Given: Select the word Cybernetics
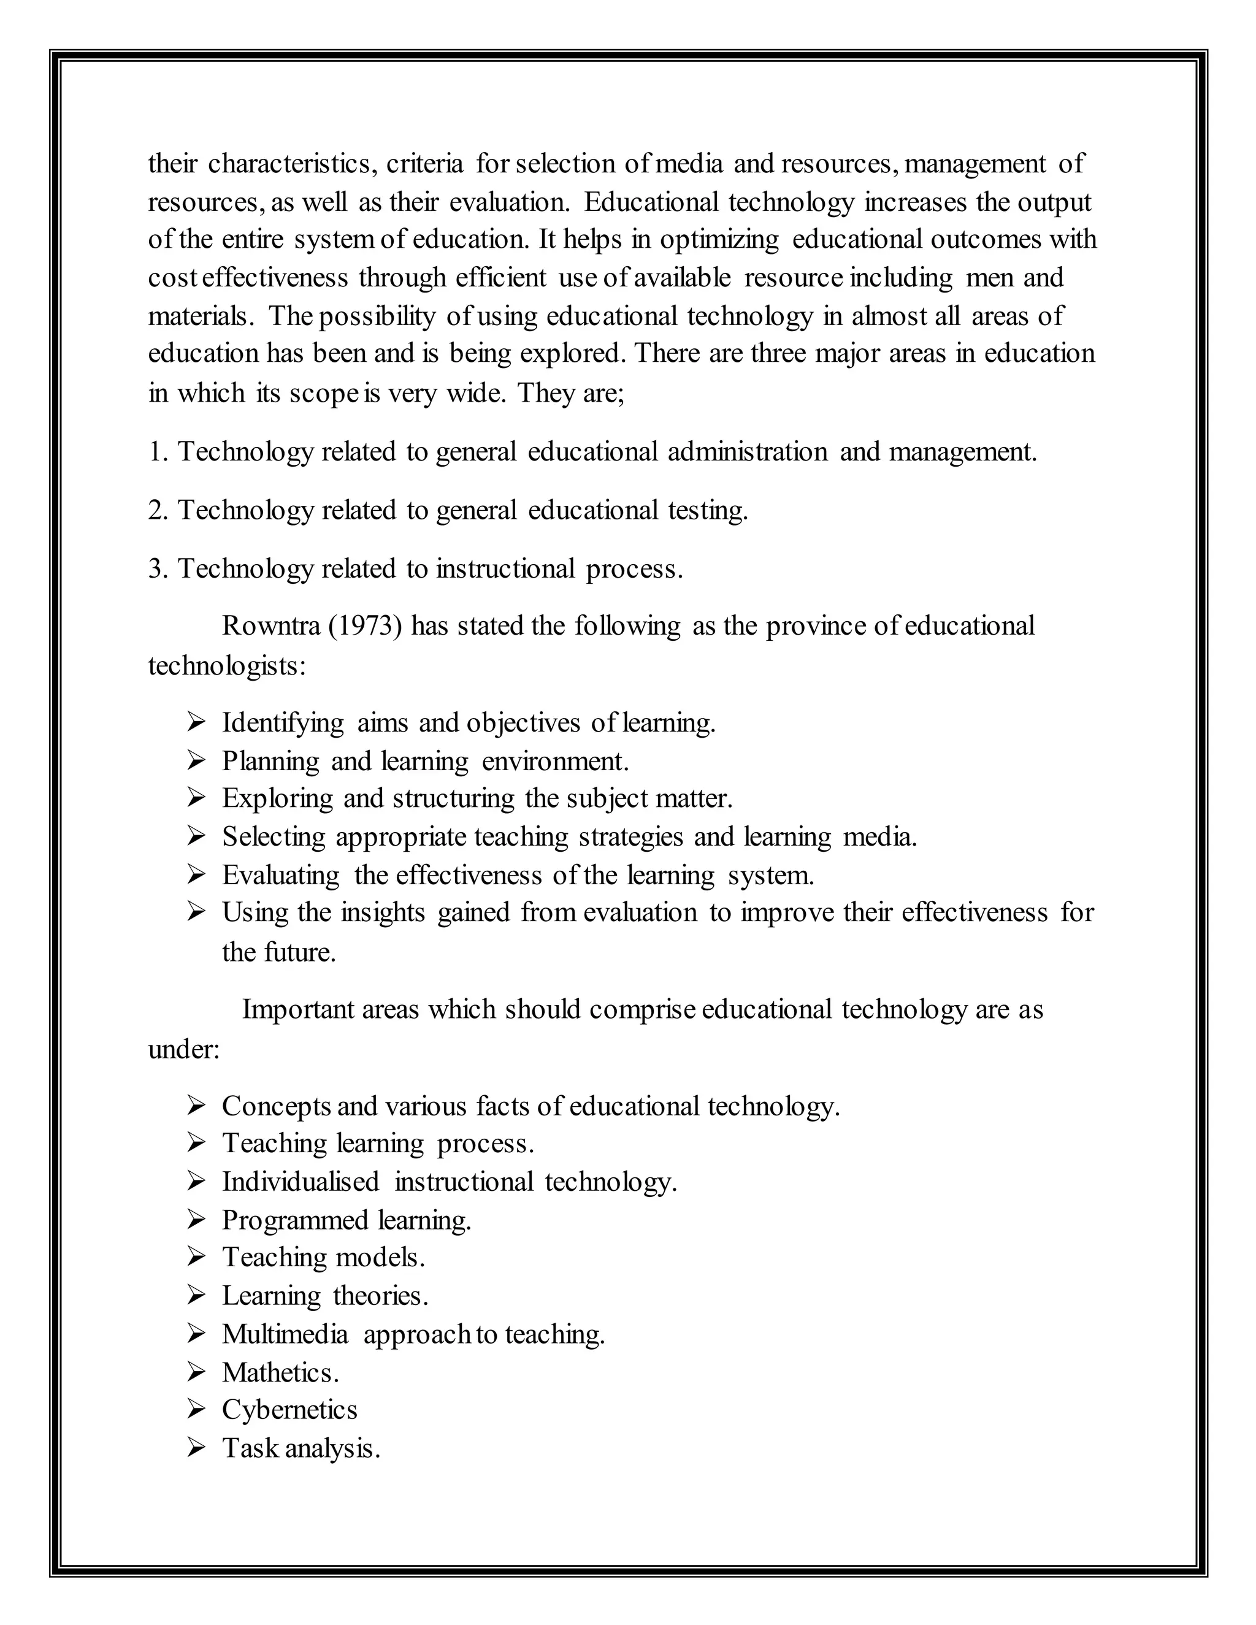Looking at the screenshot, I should [x=289, y=1410].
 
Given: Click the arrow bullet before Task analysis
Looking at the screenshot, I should [x=196, y=1448].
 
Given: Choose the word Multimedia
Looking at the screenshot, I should [x=285, y=1334].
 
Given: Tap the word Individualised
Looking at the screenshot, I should [x=301, y=1182].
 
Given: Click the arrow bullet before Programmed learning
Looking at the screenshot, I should [x=196, y=1220].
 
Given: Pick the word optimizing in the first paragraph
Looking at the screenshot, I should [x=719, y=240].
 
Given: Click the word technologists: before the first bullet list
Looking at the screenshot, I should [x=227, y=665].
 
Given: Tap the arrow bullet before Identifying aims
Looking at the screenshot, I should [x=196, y=722].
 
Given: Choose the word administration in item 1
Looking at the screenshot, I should [x=747, y=452].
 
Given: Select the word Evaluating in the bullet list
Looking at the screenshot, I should [x=280, y=875].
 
